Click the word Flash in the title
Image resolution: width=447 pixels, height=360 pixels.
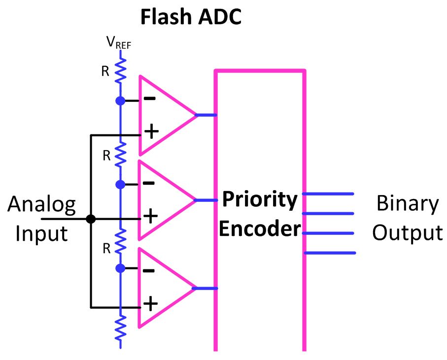coord(165,18)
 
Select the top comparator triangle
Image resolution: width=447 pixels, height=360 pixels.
coord(163,115)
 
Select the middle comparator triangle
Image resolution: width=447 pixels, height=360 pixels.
coord(163,200)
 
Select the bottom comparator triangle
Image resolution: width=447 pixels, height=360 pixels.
coord(163,288)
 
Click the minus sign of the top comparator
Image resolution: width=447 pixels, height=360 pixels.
coord(149,98)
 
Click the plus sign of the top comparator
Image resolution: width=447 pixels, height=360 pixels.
coord(150,131)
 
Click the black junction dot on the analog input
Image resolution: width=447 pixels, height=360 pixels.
coord(91,219)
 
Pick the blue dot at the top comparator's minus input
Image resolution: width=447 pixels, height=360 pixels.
coord(120,101)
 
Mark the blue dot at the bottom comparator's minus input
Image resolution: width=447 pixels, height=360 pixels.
coord(120,268)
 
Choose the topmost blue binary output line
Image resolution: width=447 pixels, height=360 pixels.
coord(328,194)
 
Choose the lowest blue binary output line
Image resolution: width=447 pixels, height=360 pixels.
coord(330,253)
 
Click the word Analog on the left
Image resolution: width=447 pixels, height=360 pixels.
coord(42,204)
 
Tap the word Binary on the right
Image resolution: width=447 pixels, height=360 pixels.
coord(407,203)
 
